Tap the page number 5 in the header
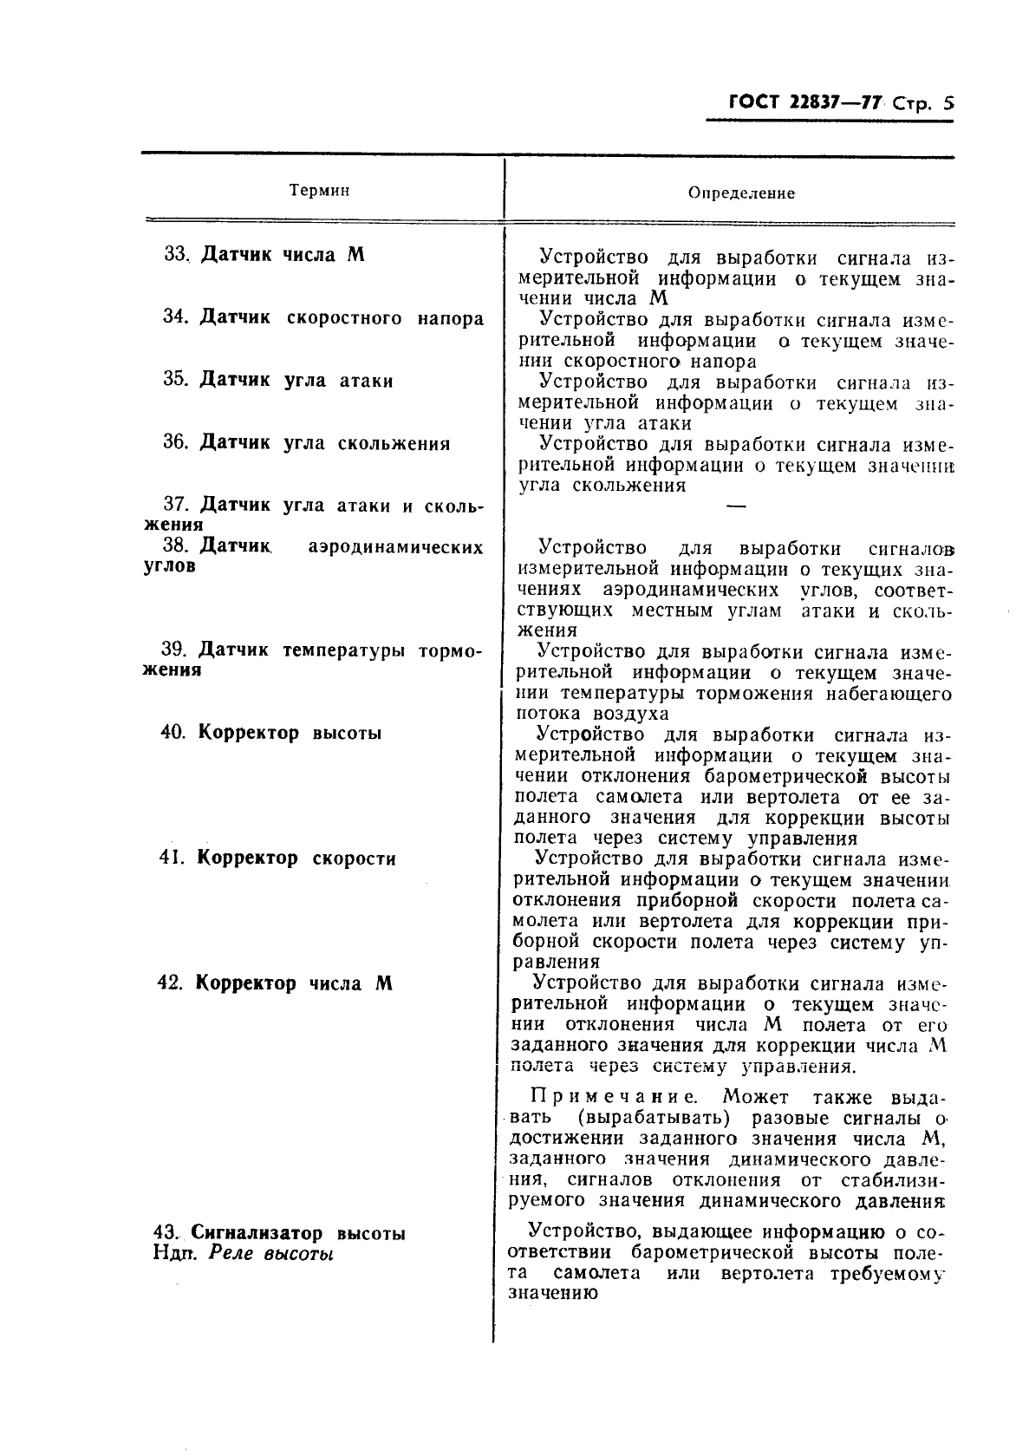tap(947, 103)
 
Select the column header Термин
tap(319, 190)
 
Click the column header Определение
tap(741, 193)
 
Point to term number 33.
tap(176, 255)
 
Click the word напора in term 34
tap(449, 318)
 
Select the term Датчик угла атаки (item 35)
tap(296, 381)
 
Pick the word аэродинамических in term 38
tap(395, 547)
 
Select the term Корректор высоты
tap(290, 733)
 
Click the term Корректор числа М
tap(293, 983)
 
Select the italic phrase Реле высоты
tap(271, 1254)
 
